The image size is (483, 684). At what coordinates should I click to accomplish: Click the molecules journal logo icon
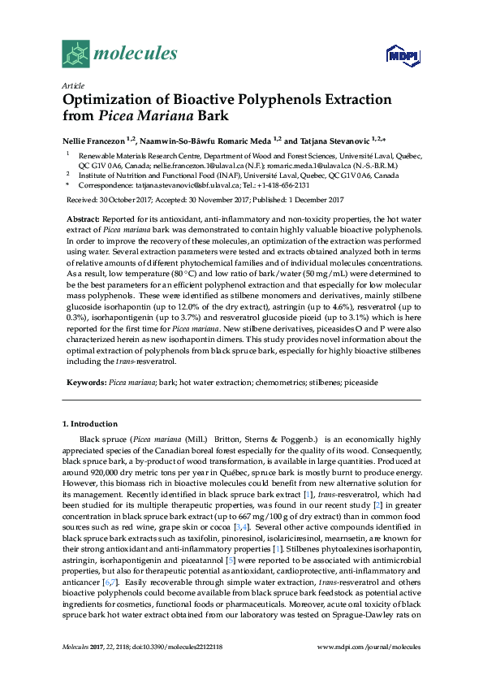tap(75, 54)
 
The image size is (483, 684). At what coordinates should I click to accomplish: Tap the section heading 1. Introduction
tap(90, 423)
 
